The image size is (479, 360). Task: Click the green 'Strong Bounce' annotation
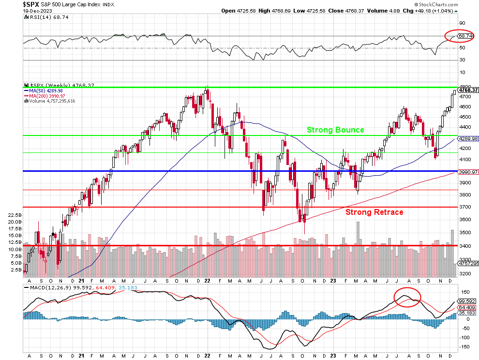(335, 130)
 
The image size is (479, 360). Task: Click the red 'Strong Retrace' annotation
(374, 212)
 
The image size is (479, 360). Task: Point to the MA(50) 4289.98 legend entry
(46, 90)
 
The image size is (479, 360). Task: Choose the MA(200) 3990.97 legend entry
(47, 96)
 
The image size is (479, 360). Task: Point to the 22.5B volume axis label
(15, 214)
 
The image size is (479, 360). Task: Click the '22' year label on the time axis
(206, 281)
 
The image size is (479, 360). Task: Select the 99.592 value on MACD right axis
(467, 301)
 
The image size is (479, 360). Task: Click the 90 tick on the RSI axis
(462, 23)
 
